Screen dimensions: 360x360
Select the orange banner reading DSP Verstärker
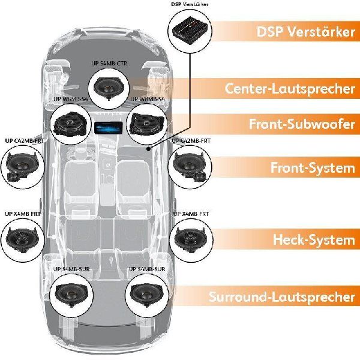305,32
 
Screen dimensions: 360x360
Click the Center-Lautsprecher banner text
290,89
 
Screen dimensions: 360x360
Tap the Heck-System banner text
314,240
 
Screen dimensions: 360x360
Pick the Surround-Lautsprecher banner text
281,296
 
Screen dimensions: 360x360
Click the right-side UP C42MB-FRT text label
193,141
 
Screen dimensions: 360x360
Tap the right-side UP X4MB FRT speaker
191,238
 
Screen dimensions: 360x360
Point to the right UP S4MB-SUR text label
149,270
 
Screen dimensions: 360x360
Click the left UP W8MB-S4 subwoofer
70,123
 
